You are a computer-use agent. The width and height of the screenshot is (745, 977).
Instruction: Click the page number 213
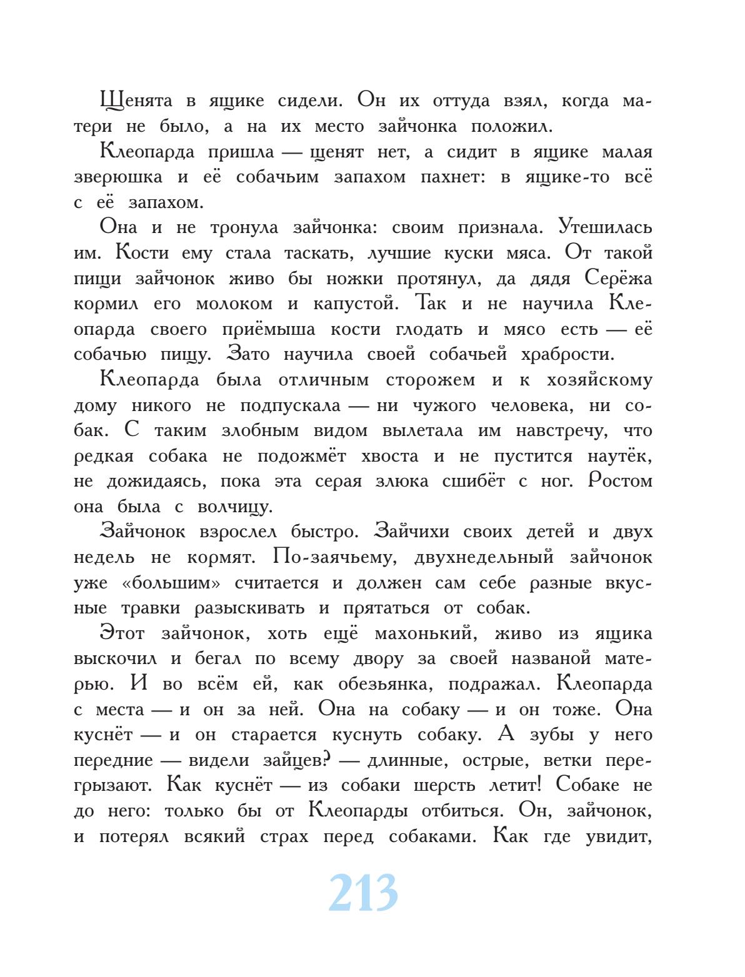pos(362,893)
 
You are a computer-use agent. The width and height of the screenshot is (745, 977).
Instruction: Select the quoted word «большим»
pos(171,583)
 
